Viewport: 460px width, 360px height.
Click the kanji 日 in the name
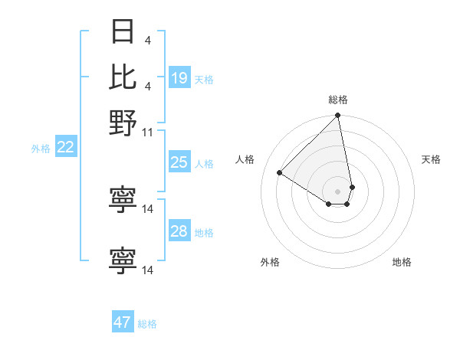[x=123, y=32]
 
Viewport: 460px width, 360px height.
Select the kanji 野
[x=123, y=123]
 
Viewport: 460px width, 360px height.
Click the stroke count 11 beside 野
[x=148, y=132]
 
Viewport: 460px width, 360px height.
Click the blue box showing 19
[x=179, y=77]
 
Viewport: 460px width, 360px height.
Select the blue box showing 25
[x=179, y=162]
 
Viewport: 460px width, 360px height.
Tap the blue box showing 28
[x=179, y=231]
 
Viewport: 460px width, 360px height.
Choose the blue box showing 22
[x=66, y=147]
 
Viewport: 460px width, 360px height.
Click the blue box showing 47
[x=123, y=322]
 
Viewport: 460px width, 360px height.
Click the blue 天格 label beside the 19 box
[x=204, y=79]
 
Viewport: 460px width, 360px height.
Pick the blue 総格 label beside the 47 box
[x=147, y=324]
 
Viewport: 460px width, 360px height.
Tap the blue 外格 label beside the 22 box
[x=41, y=149]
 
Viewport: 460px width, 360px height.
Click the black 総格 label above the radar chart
[x=338, y=100]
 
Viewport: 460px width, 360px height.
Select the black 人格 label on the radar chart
[x=245, y=159]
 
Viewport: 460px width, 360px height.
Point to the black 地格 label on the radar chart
[x=402, y=262]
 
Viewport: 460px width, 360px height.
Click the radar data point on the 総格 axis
[x=337, y=116]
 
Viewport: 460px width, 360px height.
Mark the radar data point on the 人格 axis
[x=280, y=172]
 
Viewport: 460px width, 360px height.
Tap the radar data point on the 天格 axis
[x=352, y=187]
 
